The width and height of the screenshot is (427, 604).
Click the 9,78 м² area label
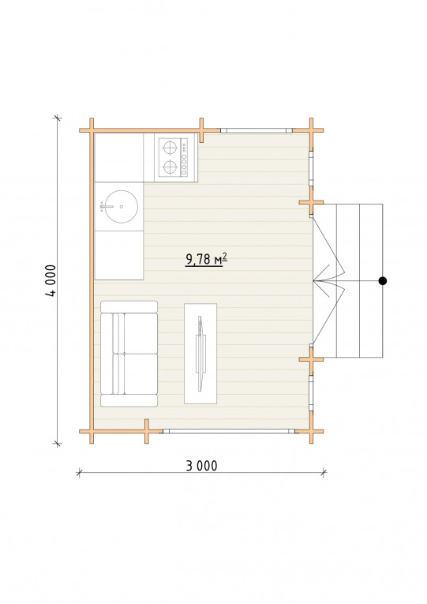pyautogui.click(x=206, y=259)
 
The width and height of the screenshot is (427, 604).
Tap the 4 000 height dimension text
pyautogui.click(x=51, y=280)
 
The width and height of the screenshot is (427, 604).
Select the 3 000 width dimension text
pyautogui.click(x=202, y=466)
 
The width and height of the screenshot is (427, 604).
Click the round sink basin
pyautogui.click(x=122, y=207)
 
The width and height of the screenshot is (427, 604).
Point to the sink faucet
pyautogui.click(x=106, y=207)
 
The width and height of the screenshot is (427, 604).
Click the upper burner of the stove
pyautogui.click(x=170, y=147)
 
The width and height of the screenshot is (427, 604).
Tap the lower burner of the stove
pyautogui.click(x=170, y=167)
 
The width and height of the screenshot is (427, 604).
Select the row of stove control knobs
pyautogui.click(x=185, y=157)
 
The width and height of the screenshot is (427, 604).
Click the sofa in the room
pyautogui.click(x=129, y=354)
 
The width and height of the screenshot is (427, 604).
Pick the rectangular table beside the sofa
pyautogui.click(x=200, y=354)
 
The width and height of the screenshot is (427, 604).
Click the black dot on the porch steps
pyautogui.click(x=382, y=281)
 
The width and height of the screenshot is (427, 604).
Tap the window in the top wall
pyautogui.click(x=257, y=130)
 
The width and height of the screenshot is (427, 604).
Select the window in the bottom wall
pyautogui.click(x=229, y=431)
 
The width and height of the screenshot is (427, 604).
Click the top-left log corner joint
pyautogui.click(x=92, y=130)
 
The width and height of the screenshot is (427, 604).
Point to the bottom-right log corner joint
pyautogui.click(x=311, y=431)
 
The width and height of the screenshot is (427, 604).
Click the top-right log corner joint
pyautogui.click(x=311, y=130)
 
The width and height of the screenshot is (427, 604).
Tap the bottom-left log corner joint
pyautogui.click(x=92, y=431)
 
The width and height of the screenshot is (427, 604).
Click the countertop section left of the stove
pyautogui.click(x=119, y=158)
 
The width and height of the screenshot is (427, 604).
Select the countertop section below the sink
pyautogui.click(x=119, y=255)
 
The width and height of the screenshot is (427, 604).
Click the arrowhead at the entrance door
pyautogui.click(x=321, y=281)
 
